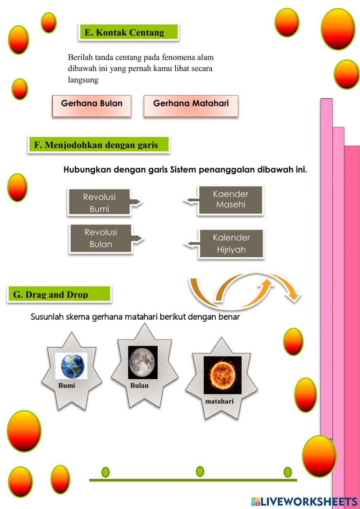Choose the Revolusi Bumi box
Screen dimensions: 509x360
(100, 202)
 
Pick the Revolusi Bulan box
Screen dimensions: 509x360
(101, 238)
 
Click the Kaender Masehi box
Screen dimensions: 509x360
(230, 200)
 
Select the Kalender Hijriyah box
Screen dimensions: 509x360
(231, 244)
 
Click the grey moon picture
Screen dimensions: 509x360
(143, 362)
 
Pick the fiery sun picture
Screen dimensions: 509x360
(222, 375)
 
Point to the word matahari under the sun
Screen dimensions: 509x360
(219, 401)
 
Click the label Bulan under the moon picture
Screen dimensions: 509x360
(139, 385)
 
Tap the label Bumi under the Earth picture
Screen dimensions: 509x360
(67, 385)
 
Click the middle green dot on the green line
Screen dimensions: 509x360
(200, 471)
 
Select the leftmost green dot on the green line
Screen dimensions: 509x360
(105, 472)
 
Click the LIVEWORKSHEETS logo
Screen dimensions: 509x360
(304, 501)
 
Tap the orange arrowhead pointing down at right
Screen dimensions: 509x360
(294, 296)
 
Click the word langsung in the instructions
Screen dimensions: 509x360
(83, 80)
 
